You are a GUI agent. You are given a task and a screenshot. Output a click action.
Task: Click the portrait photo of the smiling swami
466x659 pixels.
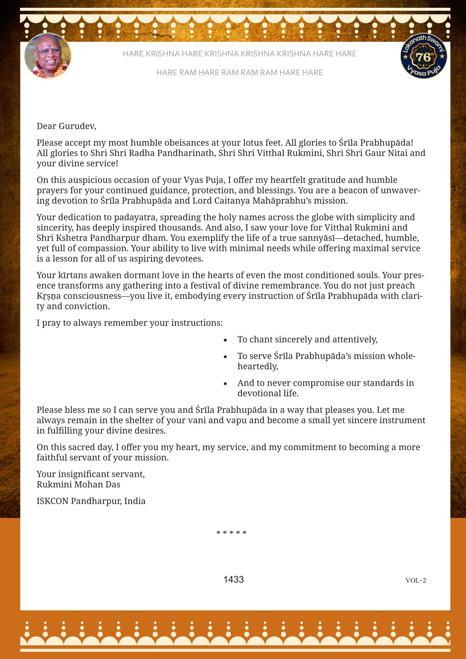[48, 56]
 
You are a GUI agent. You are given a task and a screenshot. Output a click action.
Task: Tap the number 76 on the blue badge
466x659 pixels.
[423, 57]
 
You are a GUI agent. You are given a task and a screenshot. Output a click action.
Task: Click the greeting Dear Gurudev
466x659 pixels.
[66, 126]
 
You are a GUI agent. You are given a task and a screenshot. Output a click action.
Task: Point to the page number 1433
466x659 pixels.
[233, 580]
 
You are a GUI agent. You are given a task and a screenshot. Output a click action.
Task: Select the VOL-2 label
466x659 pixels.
[415, 580]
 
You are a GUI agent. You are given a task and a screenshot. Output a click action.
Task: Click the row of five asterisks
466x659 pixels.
[231, 533]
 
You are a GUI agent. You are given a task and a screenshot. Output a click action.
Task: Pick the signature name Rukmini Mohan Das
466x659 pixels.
[78, 484]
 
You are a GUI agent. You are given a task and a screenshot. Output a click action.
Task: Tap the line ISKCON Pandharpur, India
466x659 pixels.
[91, 501]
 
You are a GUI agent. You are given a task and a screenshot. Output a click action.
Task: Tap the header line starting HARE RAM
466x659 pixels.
[239, 72]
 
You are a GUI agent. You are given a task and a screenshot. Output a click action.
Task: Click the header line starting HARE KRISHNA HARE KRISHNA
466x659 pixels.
[239, 54]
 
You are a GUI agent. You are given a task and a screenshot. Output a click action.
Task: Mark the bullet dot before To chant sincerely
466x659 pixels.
[225, 340]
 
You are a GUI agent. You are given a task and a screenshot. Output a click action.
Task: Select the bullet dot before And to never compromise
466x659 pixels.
[225, 384]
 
